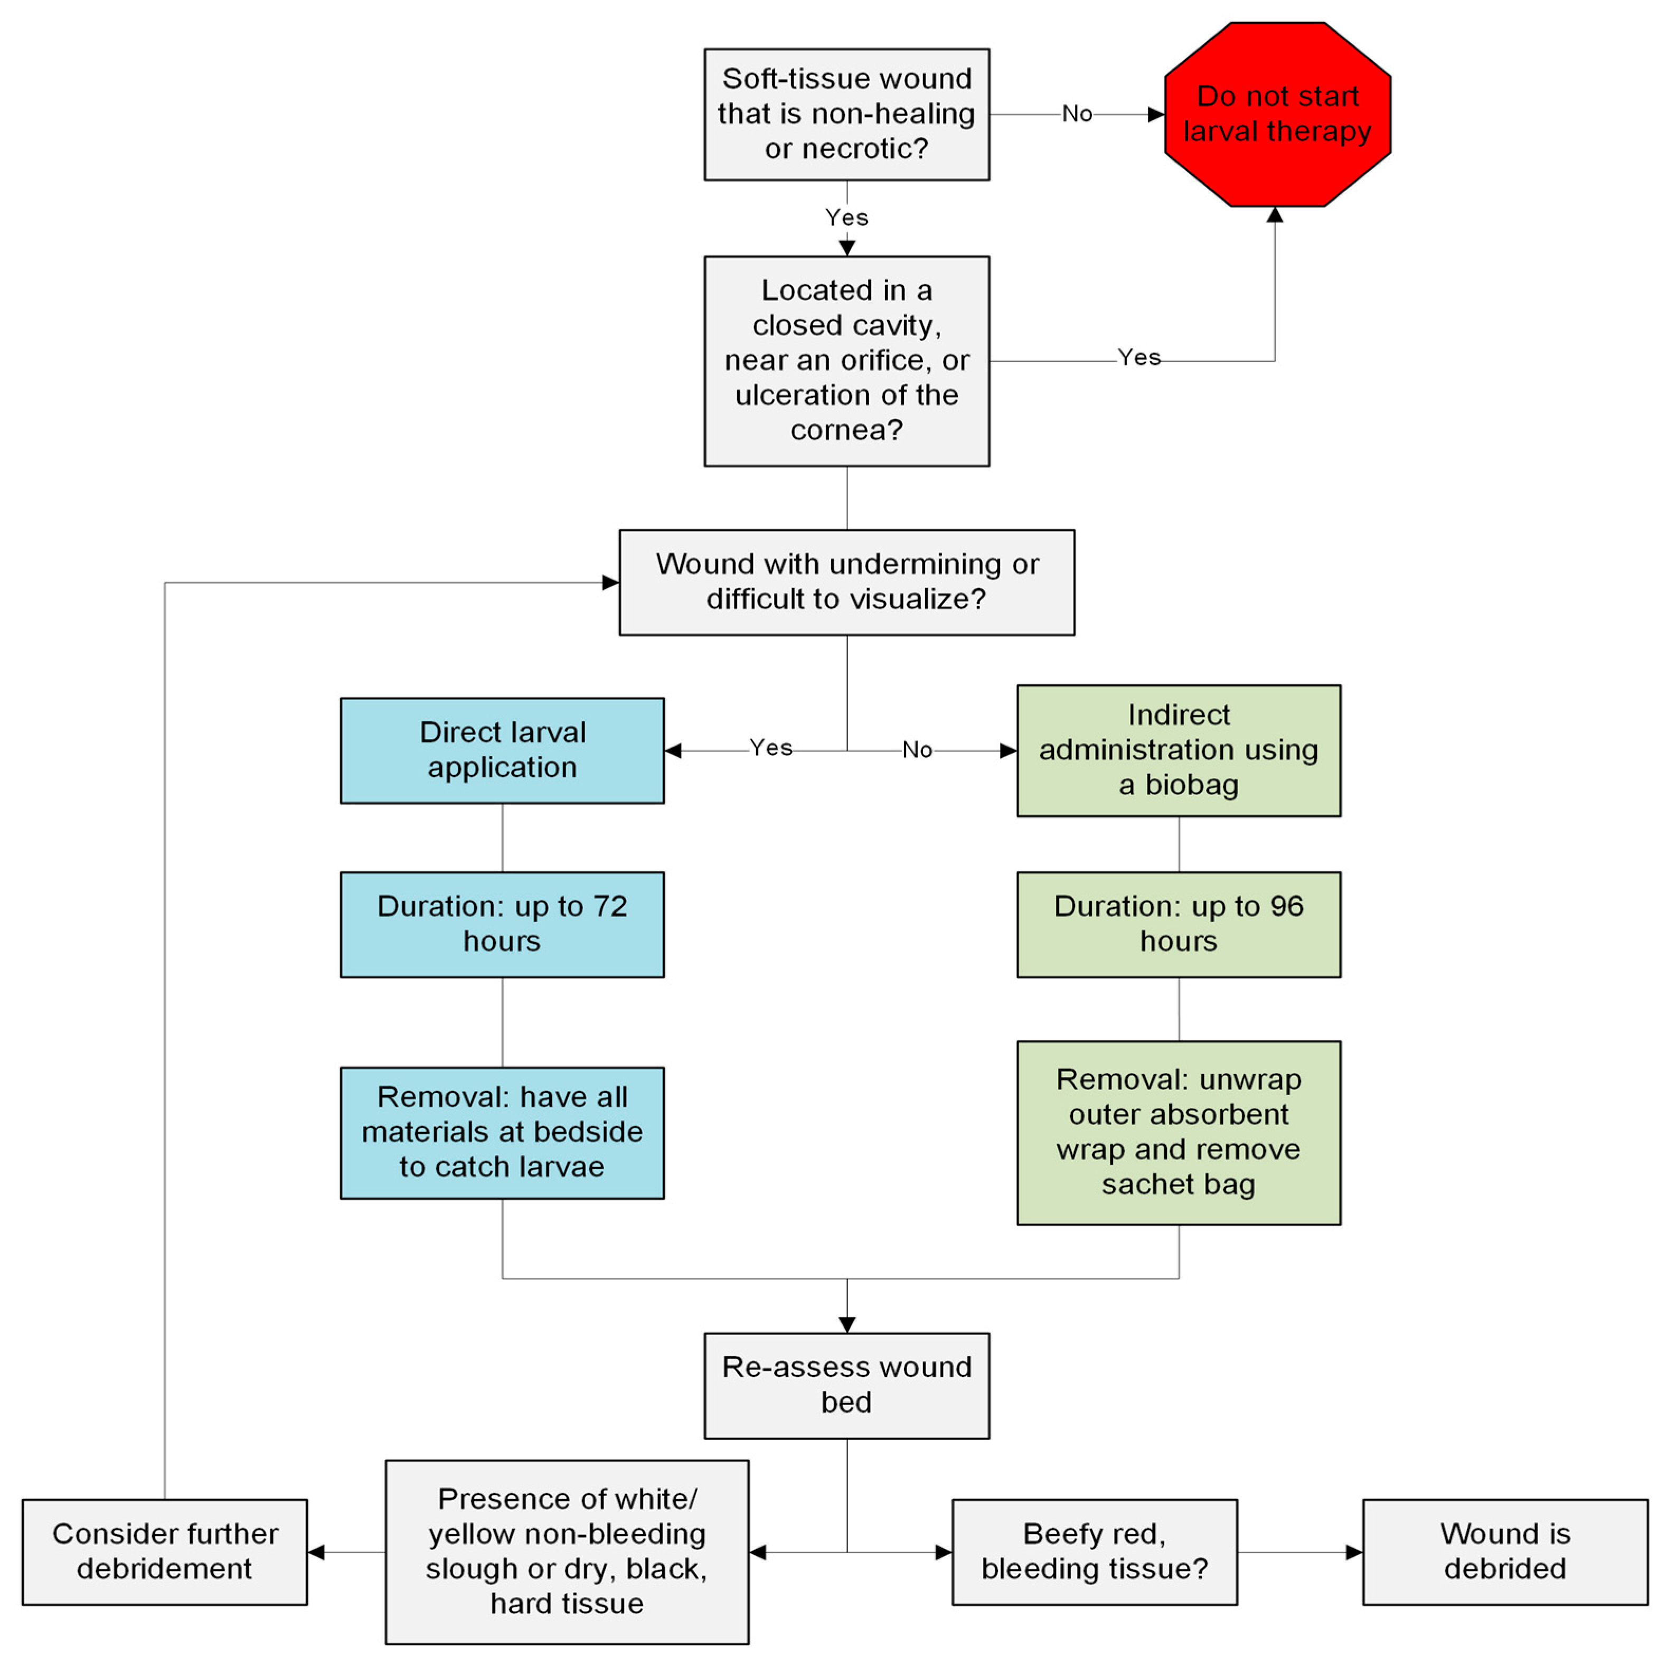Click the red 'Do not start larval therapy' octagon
1276,114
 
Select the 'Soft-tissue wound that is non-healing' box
846,114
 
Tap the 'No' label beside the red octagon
1077,114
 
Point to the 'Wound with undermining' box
846,582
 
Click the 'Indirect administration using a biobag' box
1179,750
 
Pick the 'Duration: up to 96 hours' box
1179,924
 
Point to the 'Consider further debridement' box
164,1552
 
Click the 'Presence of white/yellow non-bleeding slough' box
567,1552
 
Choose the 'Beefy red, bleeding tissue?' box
1094,1552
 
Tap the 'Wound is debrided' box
1505,1552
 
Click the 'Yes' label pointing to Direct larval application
770,748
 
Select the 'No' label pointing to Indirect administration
917,750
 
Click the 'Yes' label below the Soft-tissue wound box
846,218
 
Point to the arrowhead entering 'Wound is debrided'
1354,1552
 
